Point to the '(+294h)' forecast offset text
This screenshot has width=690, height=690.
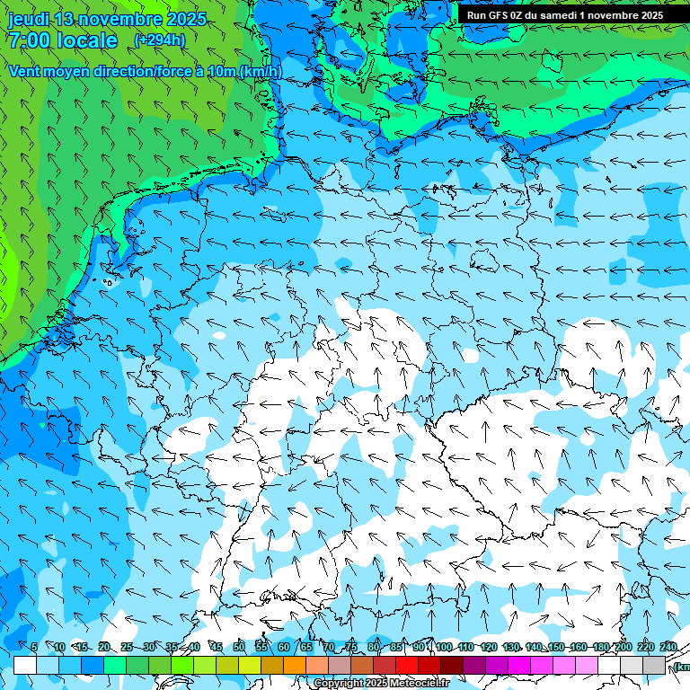click(x=161, y=40)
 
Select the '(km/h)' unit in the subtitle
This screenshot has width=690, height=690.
click(x=260, y=71)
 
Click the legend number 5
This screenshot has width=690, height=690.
click(x=34, y=647)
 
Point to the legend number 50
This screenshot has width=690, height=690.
click(x=238, y=647)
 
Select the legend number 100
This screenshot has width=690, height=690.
click(x=444, y=647)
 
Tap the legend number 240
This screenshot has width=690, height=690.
click(x=668, y=647)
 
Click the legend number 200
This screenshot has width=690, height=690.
click(x=623, y=647)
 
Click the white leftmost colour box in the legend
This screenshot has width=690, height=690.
click(x=25, y=665)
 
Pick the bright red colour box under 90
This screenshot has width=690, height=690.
click(x=407, y=665)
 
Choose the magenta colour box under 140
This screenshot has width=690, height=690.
click(x=519, y=665)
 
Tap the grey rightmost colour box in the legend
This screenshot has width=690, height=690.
click(x=654, y=665)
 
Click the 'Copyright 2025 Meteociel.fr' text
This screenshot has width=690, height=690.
click(x=382, y=684)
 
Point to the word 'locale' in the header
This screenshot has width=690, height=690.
click(x=84, y=40)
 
